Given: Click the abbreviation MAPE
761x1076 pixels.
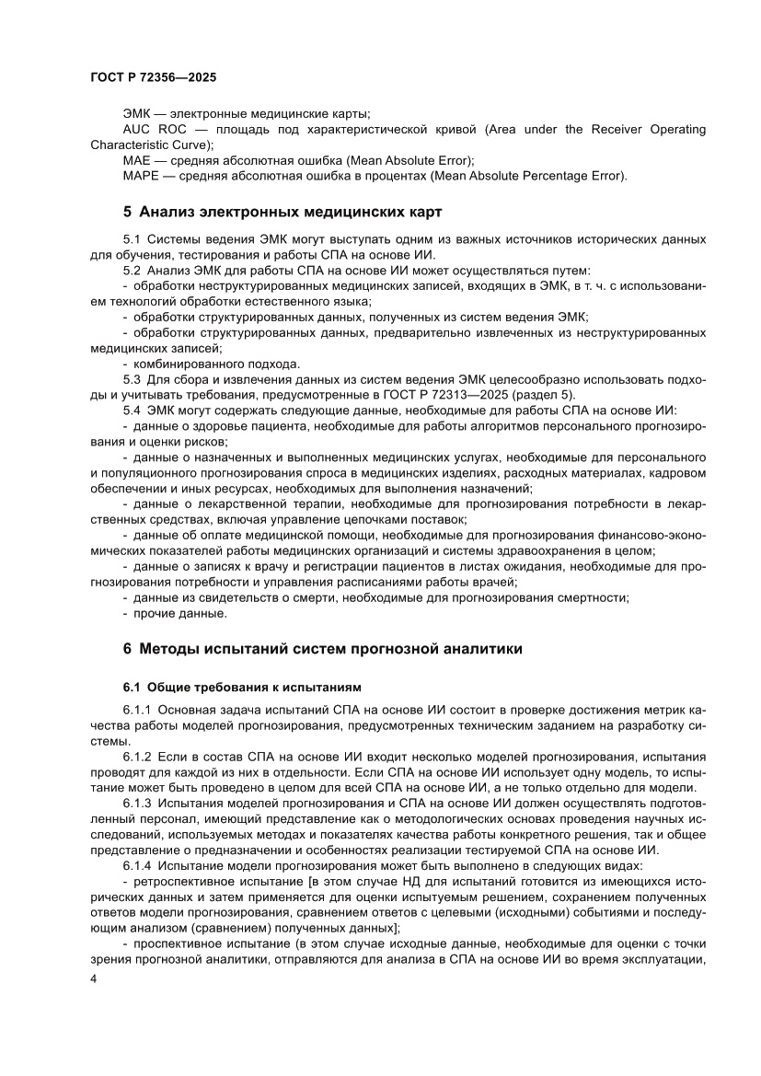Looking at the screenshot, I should pyautogui.click(x=140, y=176).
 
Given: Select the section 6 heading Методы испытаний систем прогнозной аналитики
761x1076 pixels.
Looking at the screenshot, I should pyautogui.click(x=323, y=649).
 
